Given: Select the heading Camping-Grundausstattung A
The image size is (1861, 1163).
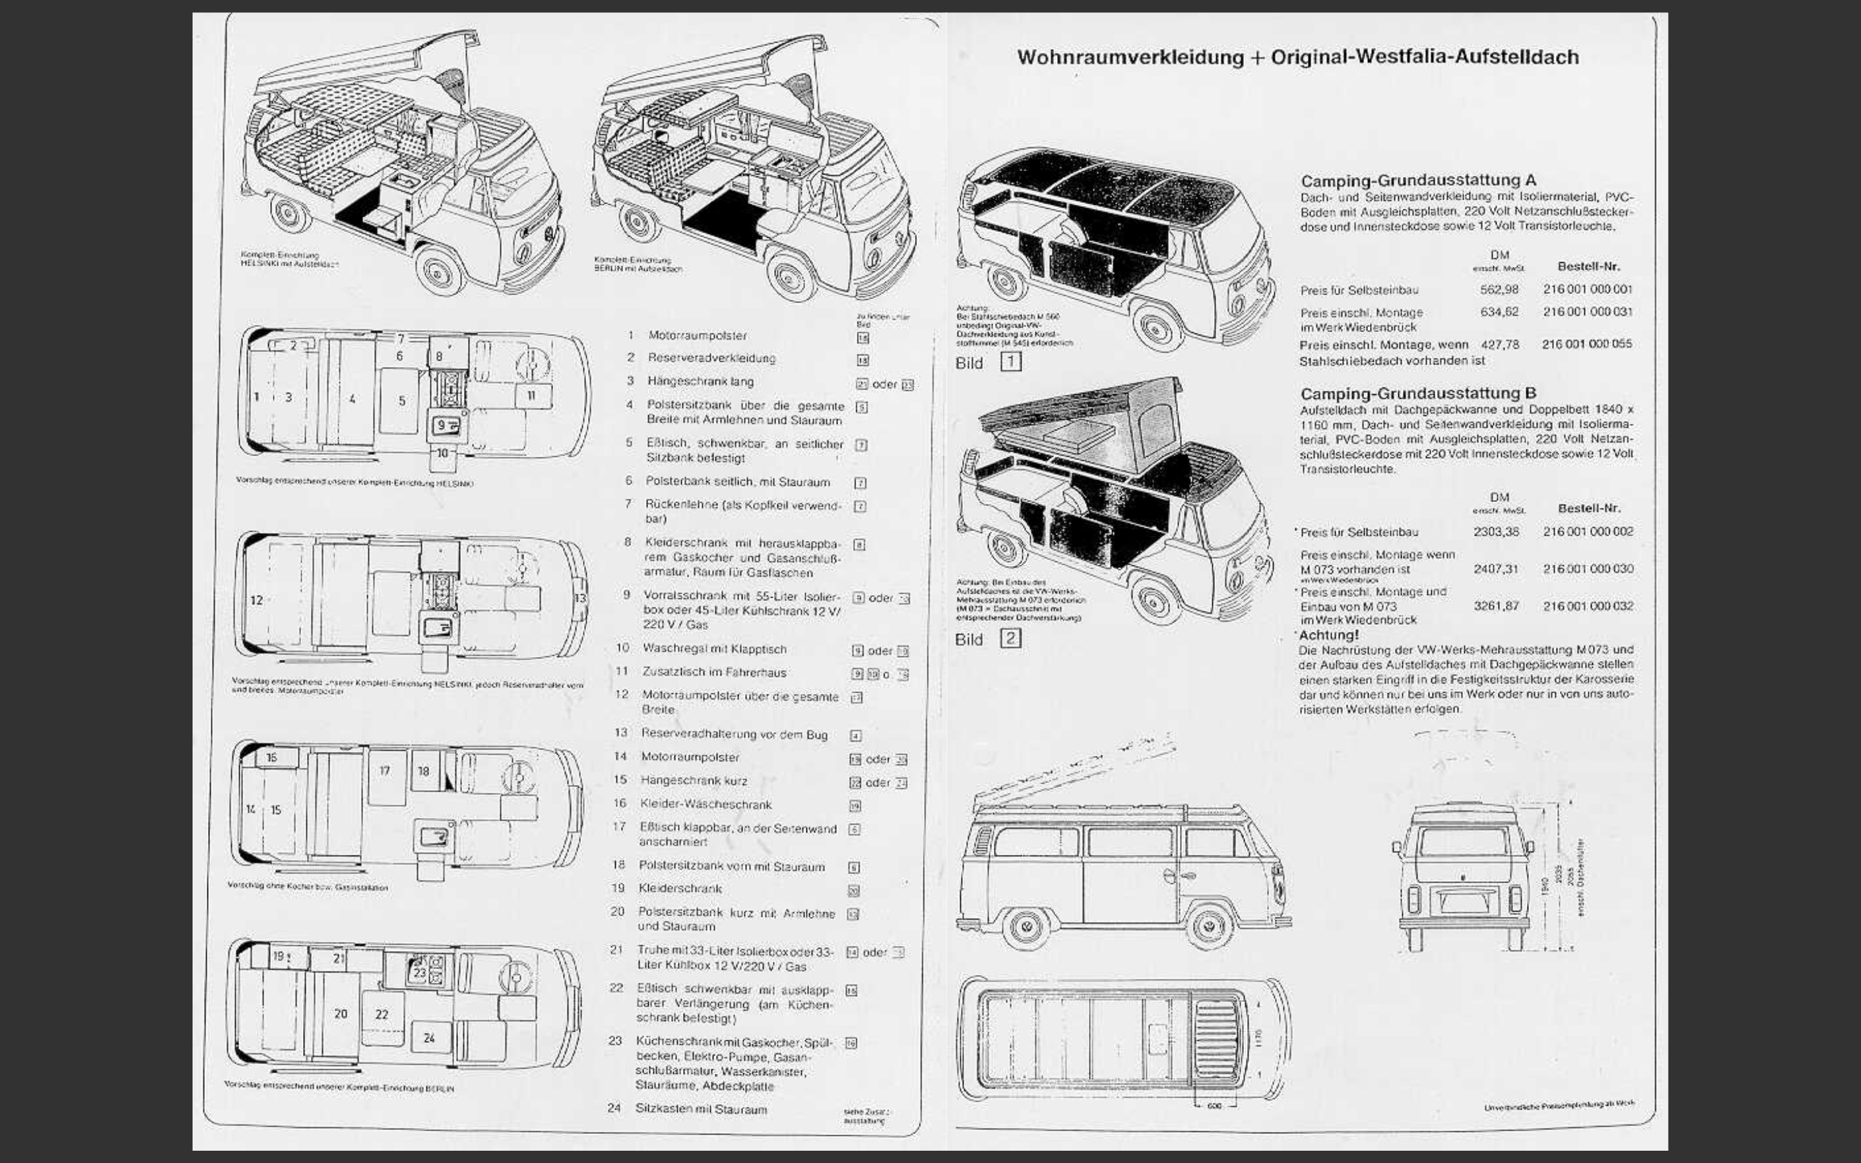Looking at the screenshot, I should point(1418,181).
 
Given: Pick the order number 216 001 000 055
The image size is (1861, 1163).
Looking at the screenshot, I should point(1586,344).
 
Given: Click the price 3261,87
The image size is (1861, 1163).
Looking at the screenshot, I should point(1496,606).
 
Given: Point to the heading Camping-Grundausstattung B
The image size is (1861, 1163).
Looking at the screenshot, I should point(1418,393).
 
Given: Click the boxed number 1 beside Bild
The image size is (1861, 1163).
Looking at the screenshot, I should point(1011,362).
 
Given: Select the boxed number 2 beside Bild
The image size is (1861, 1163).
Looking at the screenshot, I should point(1011,638).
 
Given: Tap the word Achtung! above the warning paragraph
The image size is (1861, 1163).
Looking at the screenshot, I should point(1329,635).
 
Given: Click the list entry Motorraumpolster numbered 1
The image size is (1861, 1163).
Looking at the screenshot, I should point(697,336).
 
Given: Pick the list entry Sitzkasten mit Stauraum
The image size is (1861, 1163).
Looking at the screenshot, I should point(700,1109).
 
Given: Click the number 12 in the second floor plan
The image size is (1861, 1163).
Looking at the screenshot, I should point(257,600).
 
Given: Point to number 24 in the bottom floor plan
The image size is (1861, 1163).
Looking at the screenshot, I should point(429,1038).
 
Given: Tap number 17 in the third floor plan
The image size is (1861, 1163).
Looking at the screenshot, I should point(384,771).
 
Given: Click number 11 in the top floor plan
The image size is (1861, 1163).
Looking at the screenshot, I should point(531,395).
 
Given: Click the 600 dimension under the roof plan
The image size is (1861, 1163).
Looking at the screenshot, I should point(1214,1106).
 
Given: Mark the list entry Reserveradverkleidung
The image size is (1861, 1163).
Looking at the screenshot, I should point(711,359).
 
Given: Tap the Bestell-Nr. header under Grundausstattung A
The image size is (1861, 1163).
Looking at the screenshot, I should point(1588,267).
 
